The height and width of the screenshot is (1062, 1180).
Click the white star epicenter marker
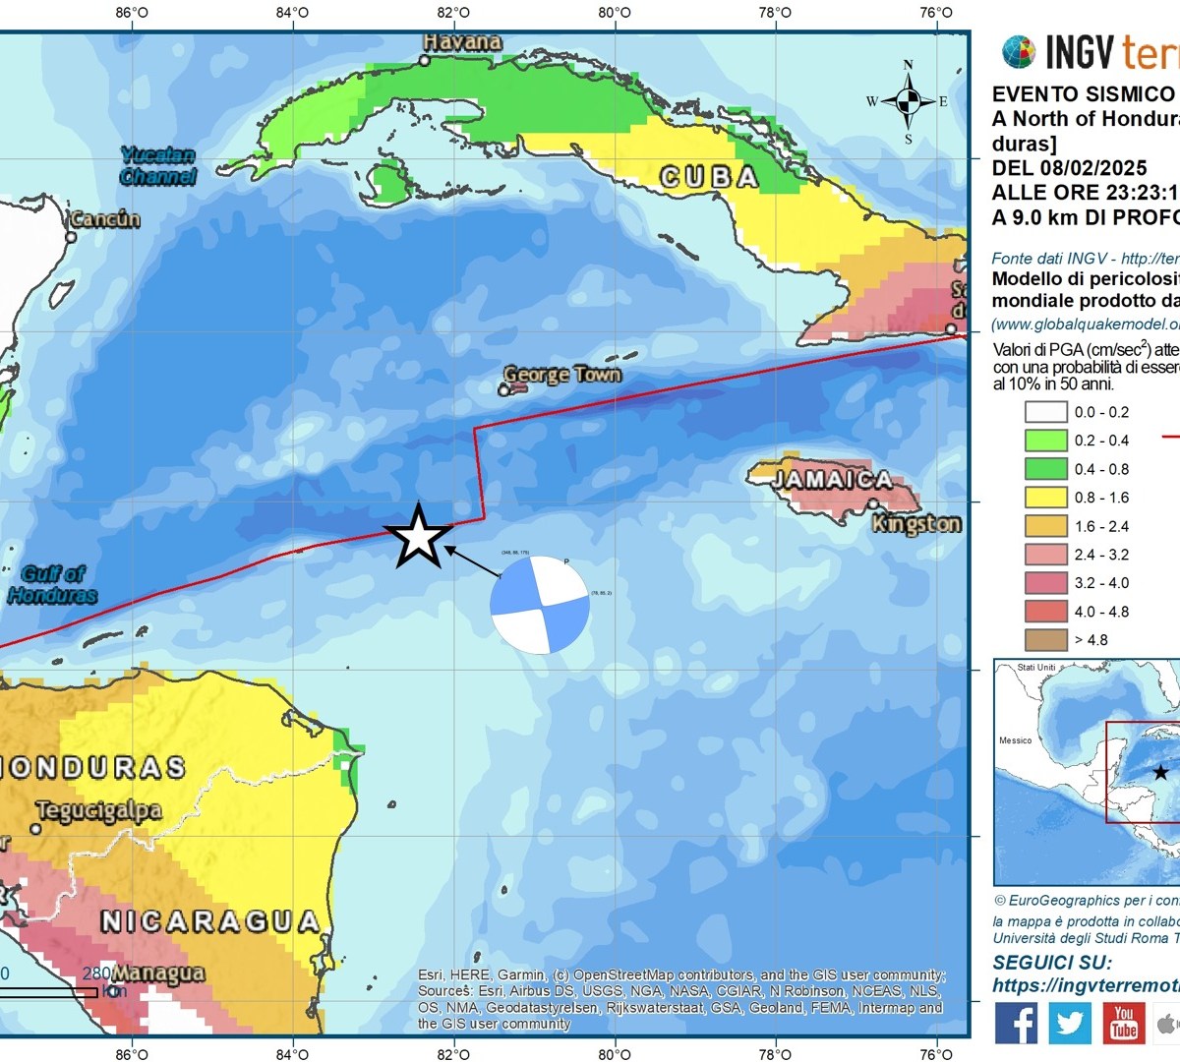419,537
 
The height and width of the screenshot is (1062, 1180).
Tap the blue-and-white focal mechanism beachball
540,605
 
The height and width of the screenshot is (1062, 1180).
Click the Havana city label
462,42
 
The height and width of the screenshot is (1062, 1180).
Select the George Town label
562,375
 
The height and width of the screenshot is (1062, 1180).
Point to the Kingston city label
916,523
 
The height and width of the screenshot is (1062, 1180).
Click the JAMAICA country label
832,480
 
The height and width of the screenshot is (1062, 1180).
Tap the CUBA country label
709,177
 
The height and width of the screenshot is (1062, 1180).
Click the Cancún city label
105,219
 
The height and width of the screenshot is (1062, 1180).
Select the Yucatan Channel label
157,166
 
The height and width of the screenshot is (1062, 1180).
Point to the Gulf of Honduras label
53,584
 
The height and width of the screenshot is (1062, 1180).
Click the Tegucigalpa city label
98,811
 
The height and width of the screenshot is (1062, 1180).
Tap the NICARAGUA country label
210,921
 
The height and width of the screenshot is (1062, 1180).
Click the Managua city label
158,973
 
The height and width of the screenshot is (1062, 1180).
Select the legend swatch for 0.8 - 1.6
1045,498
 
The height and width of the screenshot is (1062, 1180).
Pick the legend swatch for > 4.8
1045,639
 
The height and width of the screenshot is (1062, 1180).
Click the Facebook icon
1016,1024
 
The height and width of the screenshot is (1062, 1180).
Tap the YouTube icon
1123,1024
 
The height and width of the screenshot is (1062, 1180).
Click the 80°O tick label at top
615,13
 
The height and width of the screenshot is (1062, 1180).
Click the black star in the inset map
1160,772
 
